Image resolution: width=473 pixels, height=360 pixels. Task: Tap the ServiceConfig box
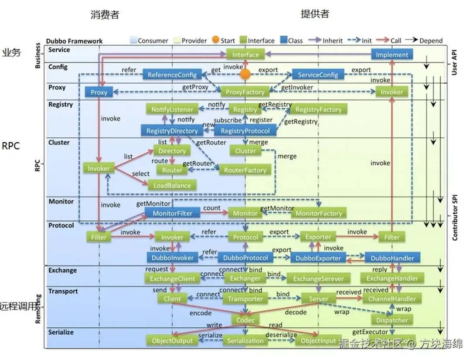(318, 75)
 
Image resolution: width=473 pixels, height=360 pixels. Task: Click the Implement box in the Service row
(392, 54)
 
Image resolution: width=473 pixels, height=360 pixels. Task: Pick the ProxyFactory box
(245, 92)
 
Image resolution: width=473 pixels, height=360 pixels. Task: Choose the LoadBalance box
(172, 185)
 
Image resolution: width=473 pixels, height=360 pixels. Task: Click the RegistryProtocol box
(245, 130)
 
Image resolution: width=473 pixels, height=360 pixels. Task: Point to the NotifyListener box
(172, 109)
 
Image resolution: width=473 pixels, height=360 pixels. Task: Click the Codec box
(245, 320)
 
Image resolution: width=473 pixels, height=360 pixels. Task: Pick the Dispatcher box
(392, 320)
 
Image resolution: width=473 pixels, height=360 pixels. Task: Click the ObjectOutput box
(172, 340)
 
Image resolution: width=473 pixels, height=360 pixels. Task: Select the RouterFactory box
(245, 170)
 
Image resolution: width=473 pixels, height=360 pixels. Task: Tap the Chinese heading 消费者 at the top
(105, 14)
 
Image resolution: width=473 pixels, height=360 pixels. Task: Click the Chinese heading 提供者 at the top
(315, 14)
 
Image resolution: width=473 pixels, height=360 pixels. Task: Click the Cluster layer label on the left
(59, 143)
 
